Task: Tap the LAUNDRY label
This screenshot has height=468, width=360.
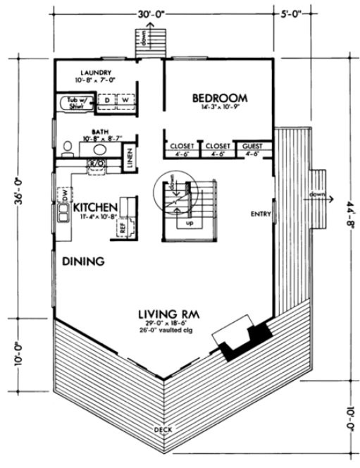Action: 97,72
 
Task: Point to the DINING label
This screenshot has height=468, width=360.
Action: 83,261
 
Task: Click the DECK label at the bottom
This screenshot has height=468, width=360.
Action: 163,429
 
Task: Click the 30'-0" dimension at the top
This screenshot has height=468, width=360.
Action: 163,12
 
